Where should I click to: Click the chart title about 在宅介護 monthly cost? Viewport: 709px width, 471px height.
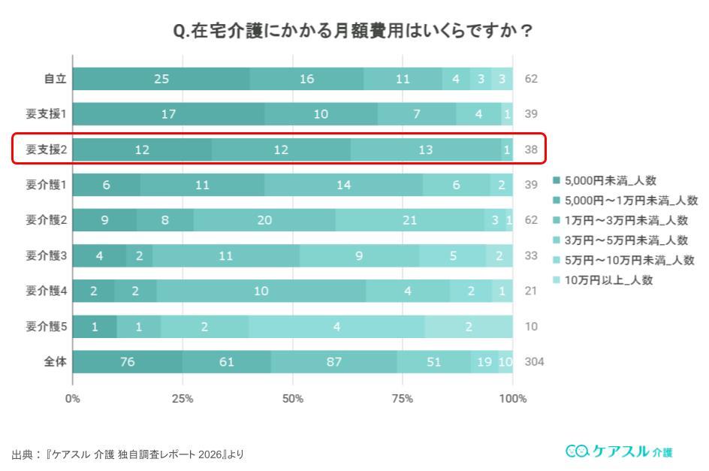point(354,32)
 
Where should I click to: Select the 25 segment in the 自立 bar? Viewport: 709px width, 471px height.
point(161,79)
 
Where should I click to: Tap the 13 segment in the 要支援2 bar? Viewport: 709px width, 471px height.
point(425,149)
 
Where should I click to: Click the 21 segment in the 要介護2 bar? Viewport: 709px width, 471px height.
point(409,220)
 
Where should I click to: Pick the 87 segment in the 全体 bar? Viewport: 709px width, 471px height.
point(333,362)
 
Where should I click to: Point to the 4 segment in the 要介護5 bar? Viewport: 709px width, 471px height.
point(336,327)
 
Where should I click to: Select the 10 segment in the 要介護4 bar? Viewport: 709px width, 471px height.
point(261,291)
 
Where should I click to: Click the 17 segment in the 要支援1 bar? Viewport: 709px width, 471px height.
point(168,114)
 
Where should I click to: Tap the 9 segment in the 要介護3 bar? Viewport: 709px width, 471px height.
point(359,255)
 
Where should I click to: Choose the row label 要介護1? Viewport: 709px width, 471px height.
point(47,185)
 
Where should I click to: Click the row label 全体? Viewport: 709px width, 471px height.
point(56,362)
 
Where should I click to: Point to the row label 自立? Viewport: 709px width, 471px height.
point(56,79)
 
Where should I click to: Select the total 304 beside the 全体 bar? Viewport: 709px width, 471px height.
point(534,362)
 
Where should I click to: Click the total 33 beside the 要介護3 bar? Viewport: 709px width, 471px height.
point(531,255)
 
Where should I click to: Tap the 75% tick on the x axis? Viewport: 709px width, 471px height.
point(403,398)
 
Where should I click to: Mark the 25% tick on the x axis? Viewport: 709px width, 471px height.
point(183,398)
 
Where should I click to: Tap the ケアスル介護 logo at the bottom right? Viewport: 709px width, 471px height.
point(619,451)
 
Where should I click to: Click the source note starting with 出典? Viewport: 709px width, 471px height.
point(128,454)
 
